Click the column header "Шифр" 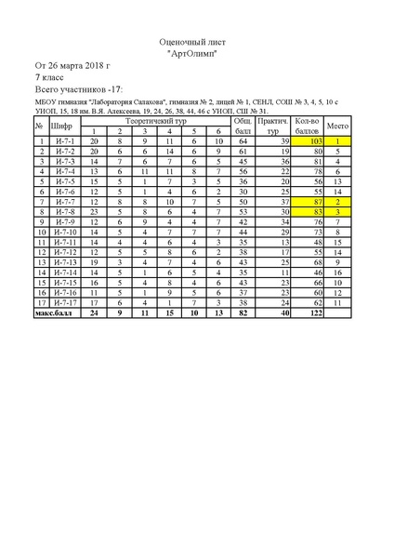[61, 125]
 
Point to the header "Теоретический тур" [151, 120]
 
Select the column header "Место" [338, 125]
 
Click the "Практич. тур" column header [273, 125]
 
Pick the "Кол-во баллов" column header [306, 125]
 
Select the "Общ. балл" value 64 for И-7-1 [242, 140]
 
